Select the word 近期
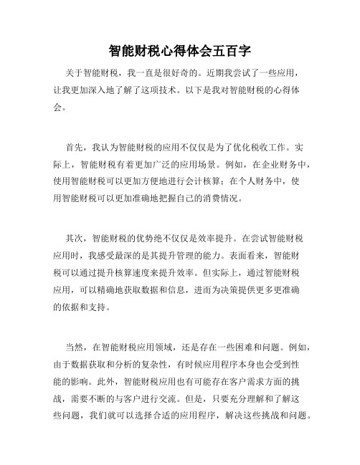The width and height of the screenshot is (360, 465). click(222, 73)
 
